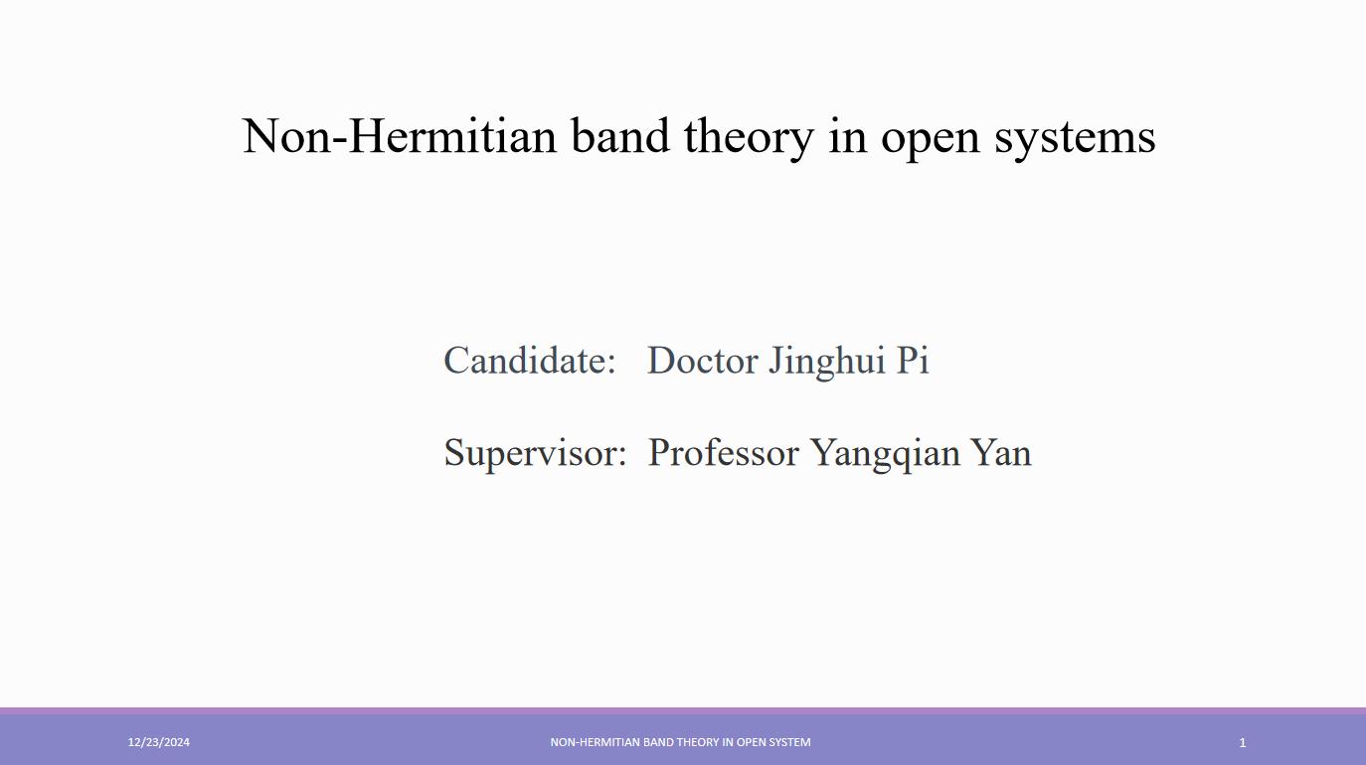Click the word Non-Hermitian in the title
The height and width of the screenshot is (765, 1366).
(400, 135)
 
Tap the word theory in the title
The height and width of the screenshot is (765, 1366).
(749, 139)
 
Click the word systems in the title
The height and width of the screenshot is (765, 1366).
(1075, 138)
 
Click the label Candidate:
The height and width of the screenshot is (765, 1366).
(529, 360)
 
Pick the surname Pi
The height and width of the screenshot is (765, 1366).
(913, 360)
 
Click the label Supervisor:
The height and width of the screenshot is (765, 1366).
(535, 454)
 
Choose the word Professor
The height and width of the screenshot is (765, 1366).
(723, 452)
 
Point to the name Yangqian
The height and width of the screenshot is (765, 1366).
(886, 455)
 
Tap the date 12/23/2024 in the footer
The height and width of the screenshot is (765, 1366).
(158, 742)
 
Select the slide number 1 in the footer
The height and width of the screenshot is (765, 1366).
(1242, 742)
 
